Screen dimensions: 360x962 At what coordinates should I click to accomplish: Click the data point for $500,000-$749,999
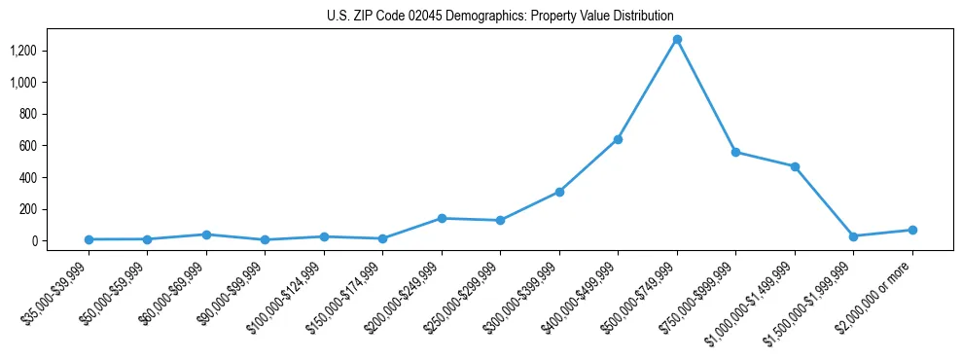coord(677,40)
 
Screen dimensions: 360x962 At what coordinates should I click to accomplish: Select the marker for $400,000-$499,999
coord(618,139)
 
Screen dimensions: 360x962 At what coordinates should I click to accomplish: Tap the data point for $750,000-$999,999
coord(735,152)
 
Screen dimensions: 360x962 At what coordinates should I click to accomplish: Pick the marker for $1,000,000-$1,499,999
coord(795,166)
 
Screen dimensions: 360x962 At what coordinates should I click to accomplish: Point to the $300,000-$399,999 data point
coord(559,192)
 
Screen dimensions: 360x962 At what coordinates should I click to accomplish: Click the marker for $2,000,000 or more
coord(912,230)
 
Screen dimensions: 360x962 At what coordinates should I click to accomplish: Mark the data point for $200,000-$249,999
coord(442,218)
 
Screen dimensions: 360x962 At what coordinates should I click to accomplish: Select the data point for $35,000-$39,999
coord(89,239)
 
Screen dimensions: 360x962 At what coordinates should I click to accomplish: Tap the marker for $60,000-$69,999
coord(206,234)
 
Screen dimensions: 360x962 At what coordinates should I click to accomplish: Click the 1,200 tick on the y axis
coord(22,51)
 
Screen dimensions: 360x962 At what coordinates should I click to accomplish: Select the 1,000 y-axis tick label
coord(22,83)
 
